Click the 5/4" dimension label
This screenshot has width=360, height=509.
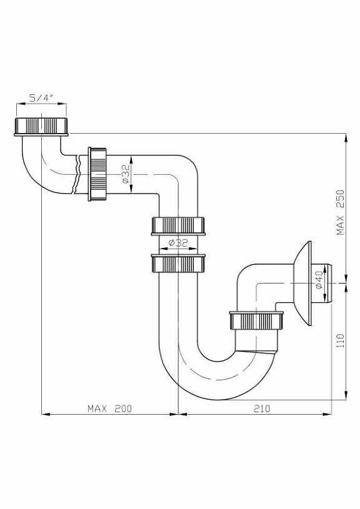(x=41, y=97)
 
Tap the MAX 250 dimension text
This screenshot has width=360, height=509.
(x=340, y=212)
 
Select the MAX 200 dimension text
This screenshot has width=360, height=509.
(x=110, y=408)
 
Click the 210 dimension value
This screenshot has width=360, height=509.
(x=262, y=408)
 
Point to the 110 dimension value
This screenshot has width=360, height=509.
(x=340, y=341)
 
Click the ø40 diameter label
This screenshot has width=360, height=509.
(x=319, y=280)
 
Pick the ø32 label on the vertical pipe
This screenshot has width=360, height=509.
(x=178, y=242)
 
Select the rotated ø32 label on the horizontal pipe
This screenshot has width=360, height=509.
(x=126, y=174)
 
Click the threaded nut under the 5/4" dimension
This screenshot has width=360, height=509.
(x=41, y=127)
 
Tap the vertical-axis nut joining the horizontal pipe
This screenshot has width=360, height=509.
(x=97, y=174)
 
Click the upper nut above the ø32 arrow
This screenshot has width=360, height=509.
(x=177, y=226)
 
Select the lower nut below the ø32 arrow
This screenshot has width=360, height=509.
(x=177, y=263)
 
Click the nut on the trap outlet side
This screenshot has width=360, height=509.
(x=256, y=320)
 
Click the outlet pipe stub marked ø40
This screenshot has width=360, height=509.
(x=322, y=284)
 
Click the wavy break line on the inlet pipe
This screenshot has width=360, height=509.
(x=77, y=175)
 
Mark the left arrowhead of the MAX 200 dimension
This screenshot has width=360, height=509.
(x=46, y=414)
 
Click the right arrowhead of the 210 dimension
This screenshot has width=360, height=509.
(x=327, y=414)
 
